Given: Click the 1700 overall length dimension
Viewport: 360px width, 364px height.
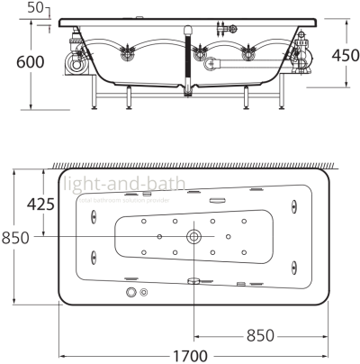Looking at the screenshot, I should click(192, 353).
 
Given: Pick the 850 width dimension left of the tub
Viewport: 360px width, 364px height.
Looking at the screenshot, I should click(15, 237).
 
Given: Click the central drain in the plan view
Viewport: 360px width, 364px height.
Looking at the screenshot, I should click(193, 237).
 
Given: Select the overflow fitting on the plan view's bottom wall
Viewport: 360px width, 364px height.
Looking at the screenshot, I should click(193, 280).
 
